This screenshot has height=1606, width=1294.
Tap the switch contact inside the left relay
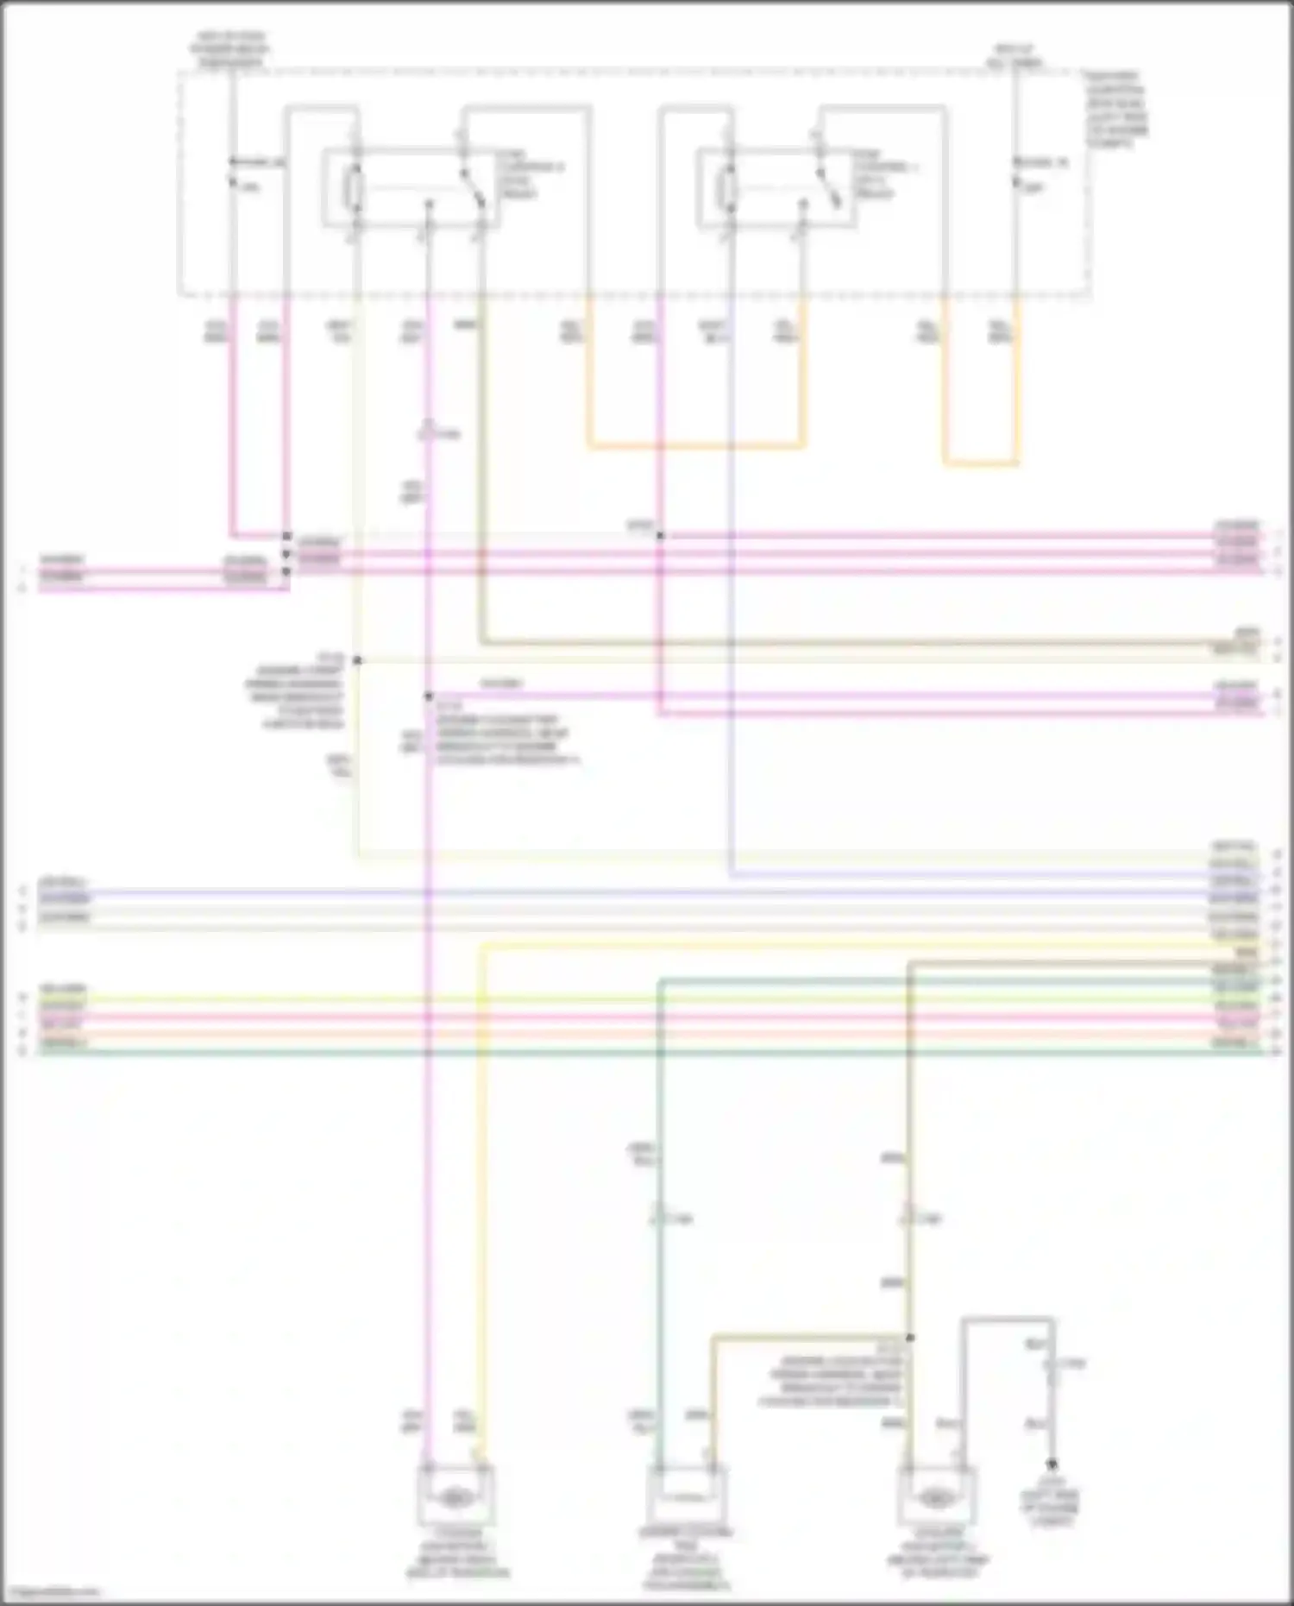click(x=471, y=183)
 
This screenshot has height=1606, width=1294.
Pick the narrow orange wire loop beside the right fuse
click(x=981, y=463)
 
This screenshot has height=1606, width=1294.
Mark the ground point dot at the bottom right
click(x=1052, y=1464)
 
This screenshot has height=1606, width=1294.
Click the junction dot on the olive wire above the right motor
click(x=909, y=1338)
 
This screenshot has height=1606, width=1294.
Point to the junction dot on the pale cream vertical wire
click(x=357, y=661)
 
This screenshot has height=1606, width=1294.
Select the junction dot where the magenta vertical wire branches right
click(x=428, y=696)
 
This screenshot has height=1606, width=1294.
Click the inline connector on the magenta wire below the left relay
click(x=428, y=431)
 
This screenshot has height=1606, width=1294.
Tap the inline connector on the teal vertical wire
click(x=659, y=1218)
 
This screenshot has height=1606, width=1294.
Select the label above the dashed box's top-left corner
click(x=230, y=50)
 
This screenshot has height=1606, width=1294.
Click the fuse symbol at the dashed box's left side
click(x=231, y=172)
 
